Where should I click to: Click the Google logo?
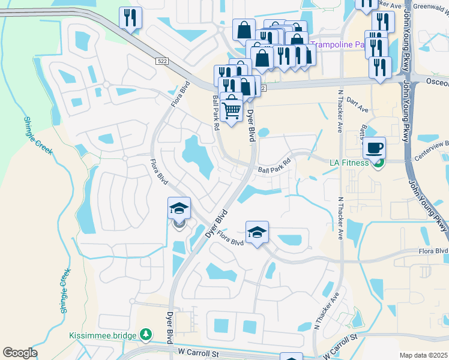point(20,353)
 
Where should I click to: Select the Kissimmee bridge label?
point(103,335)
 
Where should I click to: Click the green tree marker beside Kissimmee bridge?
point(145,333)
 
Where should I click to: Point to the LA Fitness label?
point(349,162)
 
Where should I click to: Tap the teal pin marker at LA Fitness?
point(378,163)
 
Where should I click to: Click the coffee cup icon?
point(374,148)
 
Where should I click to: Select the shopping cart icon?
point(231,110)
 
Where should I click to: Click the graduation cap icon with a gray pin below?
point(179,208)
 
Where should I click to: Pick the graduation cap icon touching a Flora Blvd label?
point(257,232)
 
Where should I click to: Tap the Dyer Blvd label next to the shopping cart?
point(251,124)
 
